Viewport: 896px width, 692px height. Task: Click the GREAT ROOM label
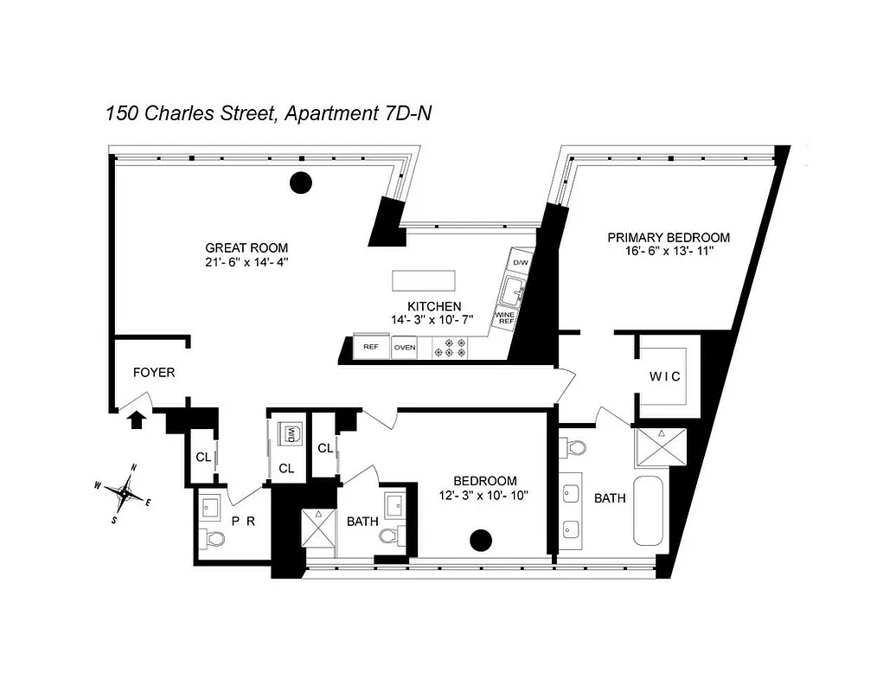pos(246,247)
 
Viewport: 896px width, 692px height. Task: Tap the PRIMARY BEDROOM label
pos(668,237)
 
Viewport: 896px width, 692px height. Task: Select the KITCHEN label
pos(434,306)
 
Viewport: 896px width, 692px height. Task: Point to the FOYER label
pos(154,373)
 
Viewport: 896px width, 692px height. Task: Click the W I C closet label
pos(665,376)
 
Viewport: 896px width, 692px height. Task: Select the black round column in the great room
pos(300,183)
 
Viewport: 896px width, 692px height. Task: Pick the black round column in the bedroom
pos(480,541)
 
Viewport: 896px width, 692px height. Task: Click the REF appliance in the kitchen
pos(371,348)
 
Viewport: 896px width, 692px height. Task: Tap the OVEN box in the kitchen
pos(405,348)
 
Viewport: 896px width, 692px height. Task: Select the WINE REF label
pos(505,317)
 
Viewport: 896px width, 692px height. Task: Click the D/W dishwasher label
pos(521,262)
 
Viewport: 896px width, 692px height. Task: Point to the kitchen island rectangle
pos(424,281)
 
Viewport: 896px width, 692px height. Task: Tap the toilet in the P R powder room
pos(214,541)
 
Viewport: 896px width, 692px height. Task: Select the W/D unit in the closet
pos(292,433)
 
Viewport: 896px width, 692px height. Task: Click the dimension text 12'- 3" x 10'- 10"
pos(485,496)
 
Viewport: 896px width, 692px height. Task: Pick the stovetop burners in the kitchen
pos(455,348)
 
